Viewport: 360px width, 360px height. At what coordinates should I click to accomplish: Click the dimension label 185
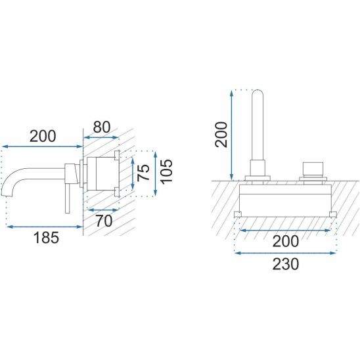point(46,237)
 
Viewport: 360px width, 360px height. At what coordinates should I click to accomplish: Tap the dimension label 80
point(101,127)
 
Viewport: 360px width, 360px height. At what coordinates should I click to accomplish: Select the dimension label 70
point(104,221)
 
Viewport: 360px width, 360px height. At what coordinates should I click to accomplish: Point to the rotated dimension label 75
point(143,173)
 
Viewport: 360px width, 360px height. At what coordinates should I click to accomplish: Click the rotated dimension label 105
point(166,171)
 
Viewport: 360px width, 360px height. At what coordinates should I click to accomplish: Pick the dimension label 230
point(286,264)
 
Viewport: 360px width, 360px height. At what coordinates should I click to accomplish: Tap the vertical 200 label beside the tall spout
point(221,135)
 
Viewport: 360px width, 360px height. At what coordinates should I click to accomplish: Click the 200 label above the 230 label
point(286,241)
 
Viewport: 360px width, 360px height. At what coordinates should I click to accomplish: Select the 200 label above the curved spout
point(43,136)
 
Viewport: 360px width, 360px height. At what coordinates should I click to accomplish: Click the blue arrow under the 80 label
point(101,137)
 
